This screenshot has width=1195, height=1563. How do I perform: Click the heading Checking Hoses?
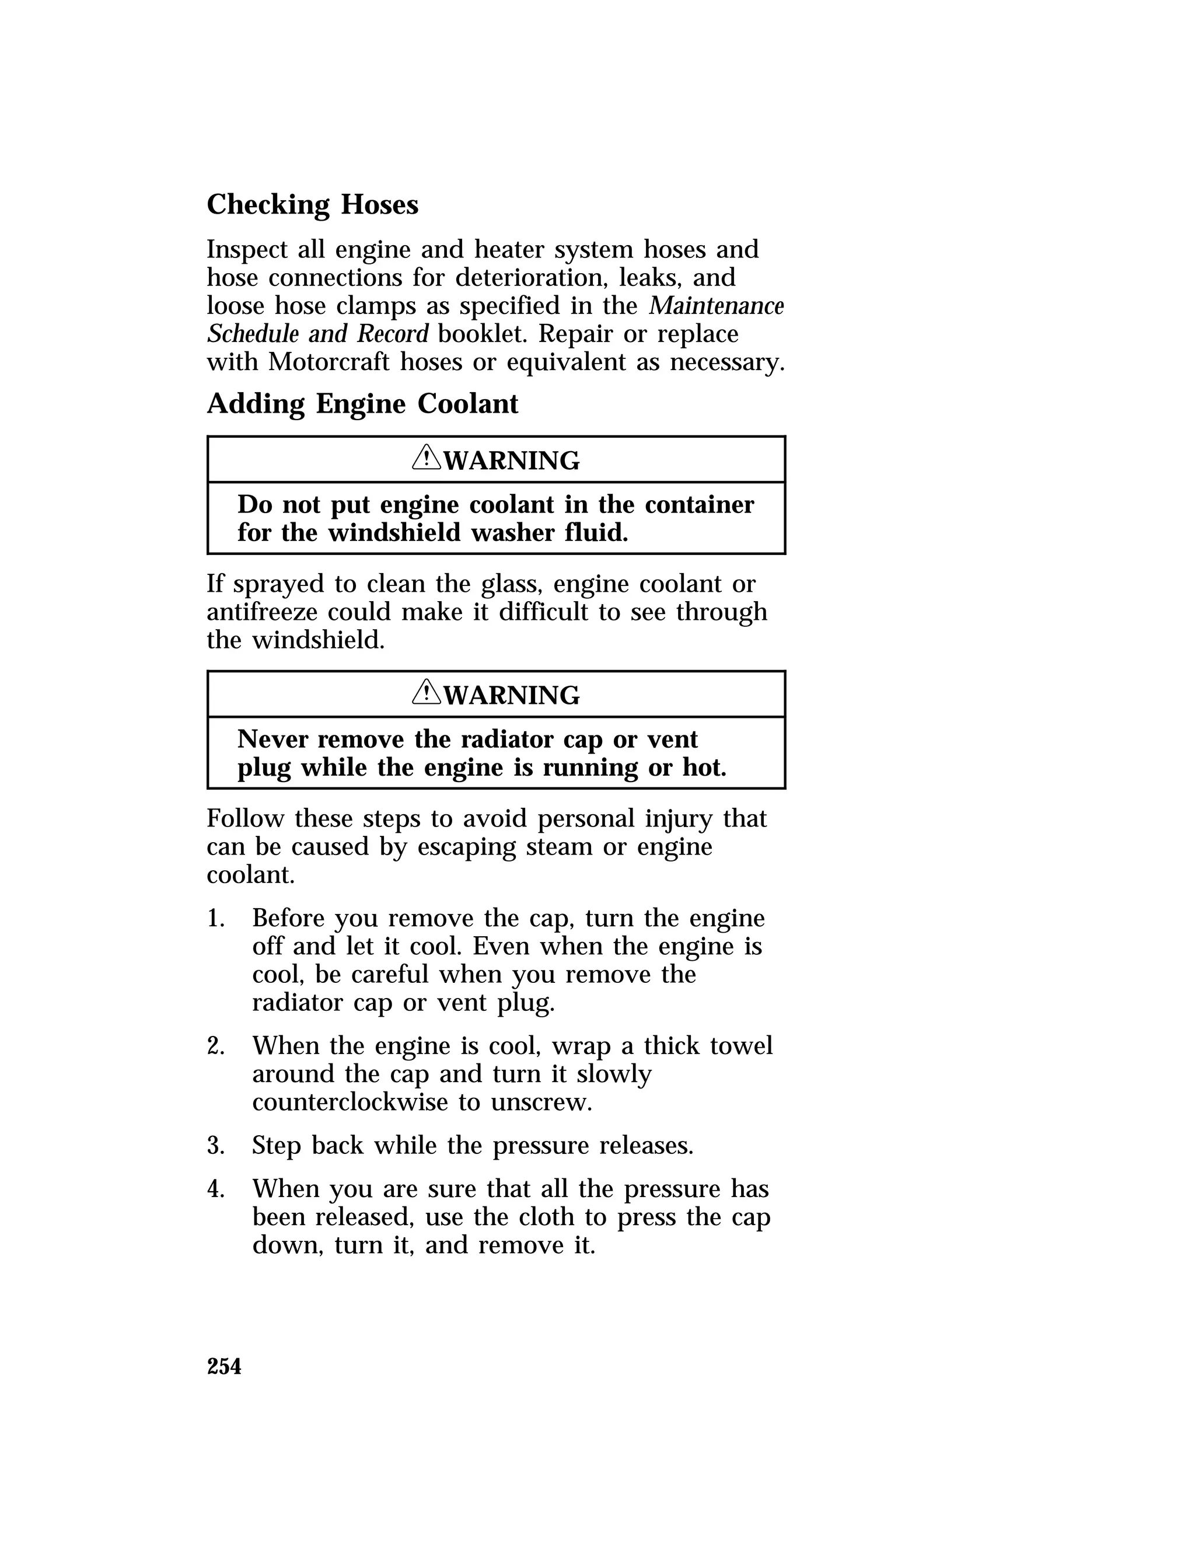click(x=312, y=205)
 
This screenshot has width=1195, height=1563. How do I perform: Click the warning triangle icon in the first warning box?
click(x=426, y=458)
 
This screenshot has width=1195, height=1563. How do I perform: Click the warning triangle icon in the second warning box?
click(x=426, y=692)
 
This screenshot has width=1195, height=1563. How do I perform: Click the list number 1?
click(x=215, y=919)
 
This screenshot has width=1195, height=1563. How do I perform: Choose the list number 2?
click(x=215, y=1046)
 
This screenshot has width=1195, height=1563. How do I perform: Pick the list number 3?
click(x=215, y=1145)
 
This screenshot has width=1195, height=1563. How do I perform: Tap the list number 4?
click(x=215, y=1189)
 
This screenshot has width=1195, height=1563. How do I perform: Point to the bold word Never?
click(x=272, y=740)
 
